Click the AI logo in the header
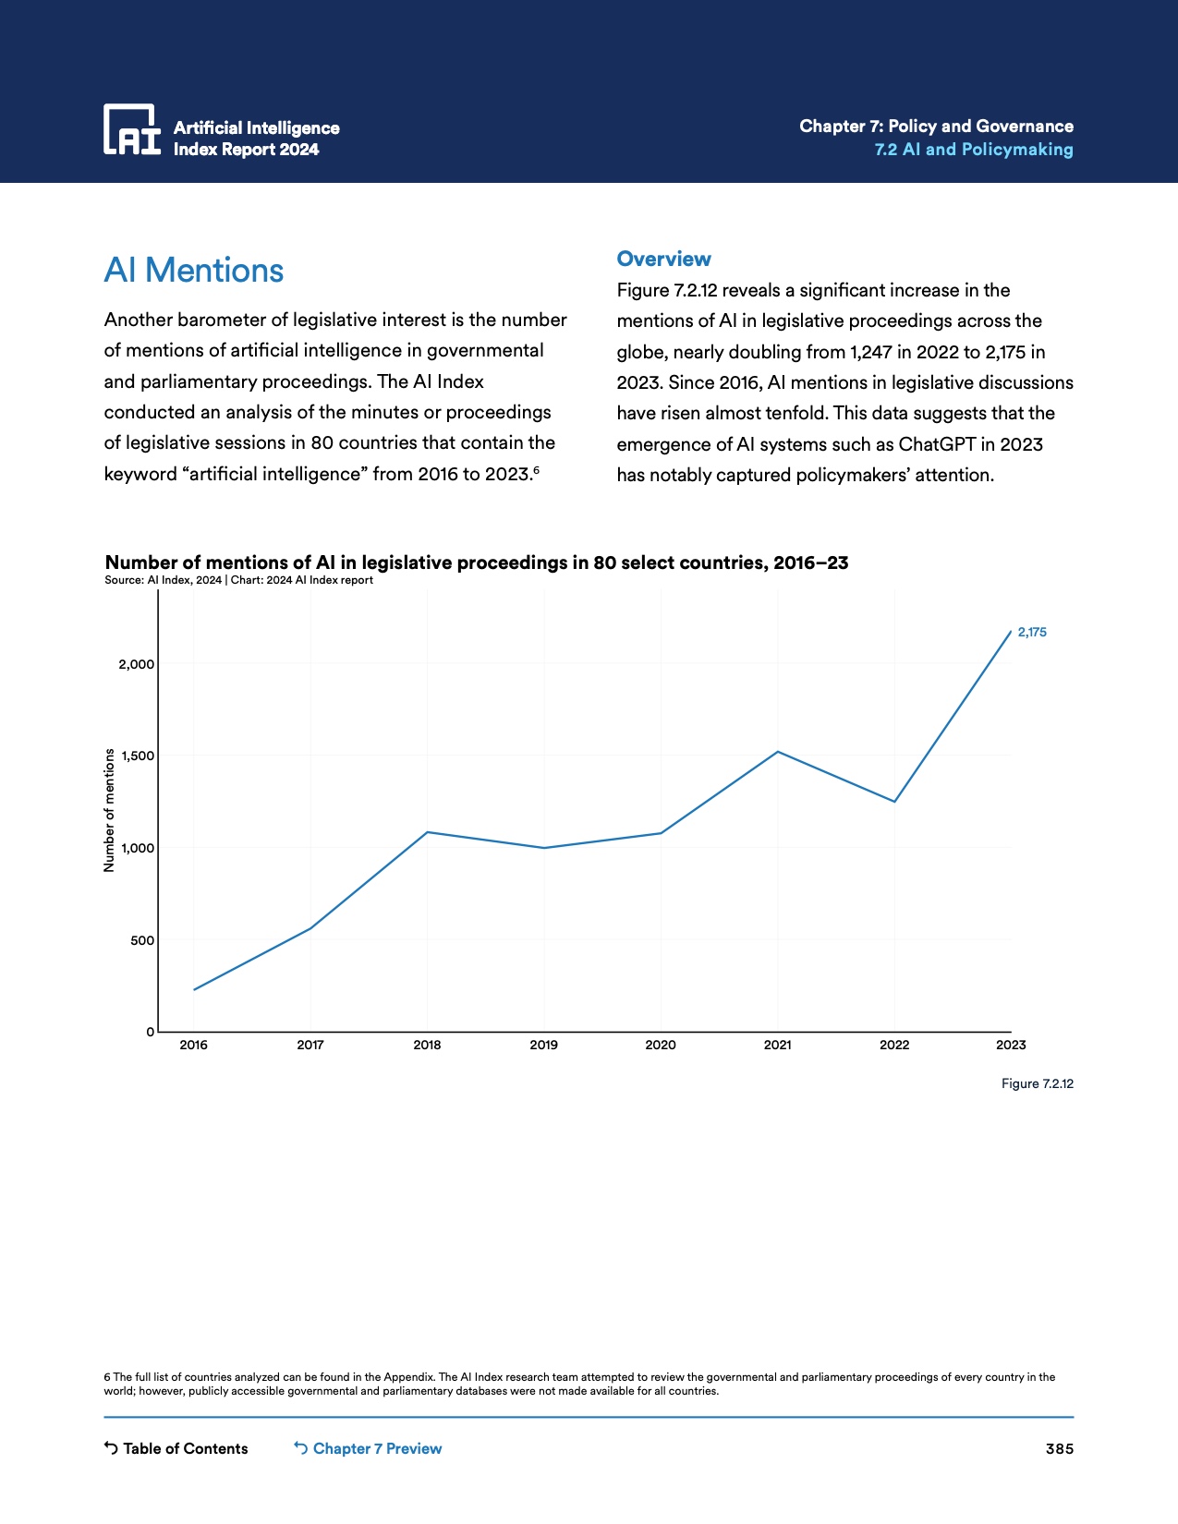tap(132, 129)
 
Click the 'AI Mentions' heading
tap(194, 271)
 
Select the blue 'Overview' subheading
tap(663, 260)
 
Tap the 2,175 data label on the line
tap(1032, 633)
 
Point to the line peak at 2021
tap(778, 752)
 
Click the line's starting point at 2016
tap(194, 989)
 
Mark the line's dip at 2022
tap(894, 801)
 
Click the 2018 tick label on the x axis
tap(427, 1046)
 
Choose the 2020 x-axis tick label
tap(661, 1046)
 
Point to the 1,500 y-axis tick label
tap(138, 756)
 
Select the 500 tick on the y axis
tap(142, 941)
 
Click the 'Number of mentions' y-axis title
tap(109, 810)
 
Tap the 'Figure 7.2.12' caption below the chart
tap(1037, 1084)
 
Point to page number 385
tap(1059, 1449)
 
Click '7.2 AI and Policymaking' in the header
tap(973, 150)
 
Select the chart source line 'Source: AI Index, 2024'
tap(163, 580)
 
